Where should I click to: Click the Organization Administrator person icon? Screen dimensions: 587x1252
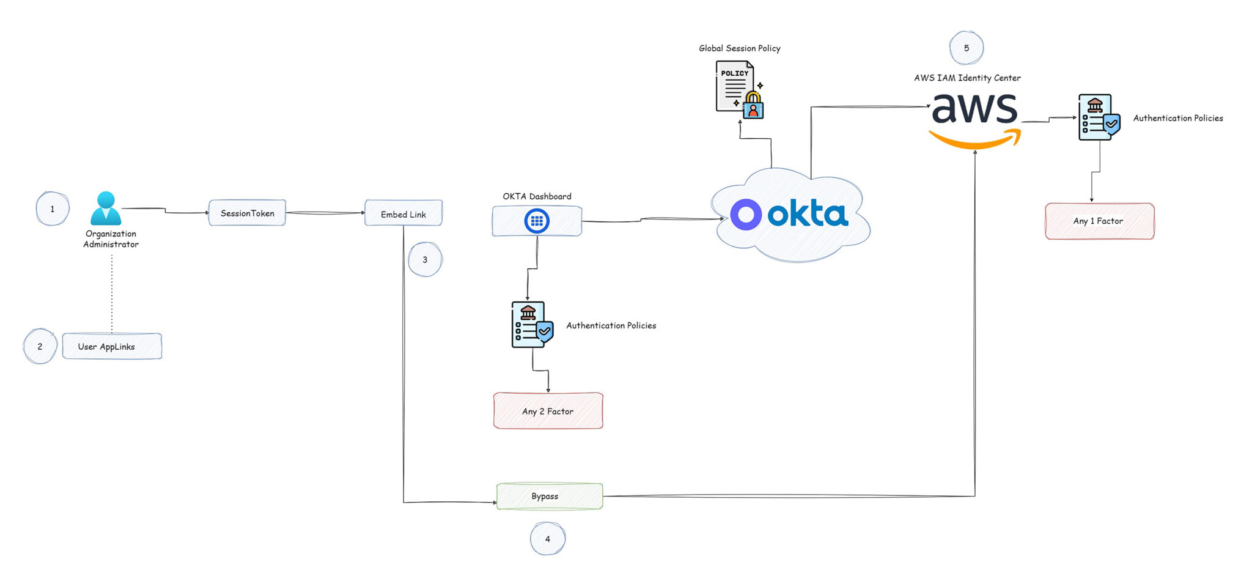106,209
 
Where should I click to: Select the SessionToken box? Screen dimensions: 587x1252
247,213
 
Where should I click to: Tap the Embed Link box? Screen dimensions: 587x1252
403,213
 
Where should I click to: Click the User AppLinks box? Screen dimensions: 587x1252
112,346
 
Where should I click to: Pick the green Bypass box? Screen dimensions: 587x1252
549,496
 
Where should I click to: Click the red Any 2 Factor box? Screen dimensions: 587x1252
548,411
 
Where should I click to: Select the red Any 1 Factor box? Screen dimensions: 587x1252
1099,221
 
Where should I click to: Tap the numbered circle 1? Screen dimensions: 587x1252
53,209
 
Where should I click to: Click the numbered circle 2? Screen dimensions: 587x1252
40,346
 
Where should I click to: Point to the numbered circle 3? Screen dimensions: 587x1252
425,259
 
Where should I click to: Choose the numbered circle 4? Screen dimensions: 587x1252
547,539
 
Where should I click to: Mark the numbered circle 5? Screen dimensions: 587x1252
966,48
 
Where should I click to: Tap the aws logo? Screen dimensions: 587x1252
975,119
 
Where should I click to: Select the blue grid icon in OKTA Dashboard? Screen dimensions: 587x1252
537,221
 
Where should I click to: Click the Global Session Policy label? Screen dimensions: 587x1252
740,48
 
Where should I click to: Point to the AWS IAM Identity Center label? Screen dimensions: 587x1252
967,78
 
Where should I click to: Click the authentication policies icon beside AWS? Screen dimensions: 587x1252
1099,117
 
